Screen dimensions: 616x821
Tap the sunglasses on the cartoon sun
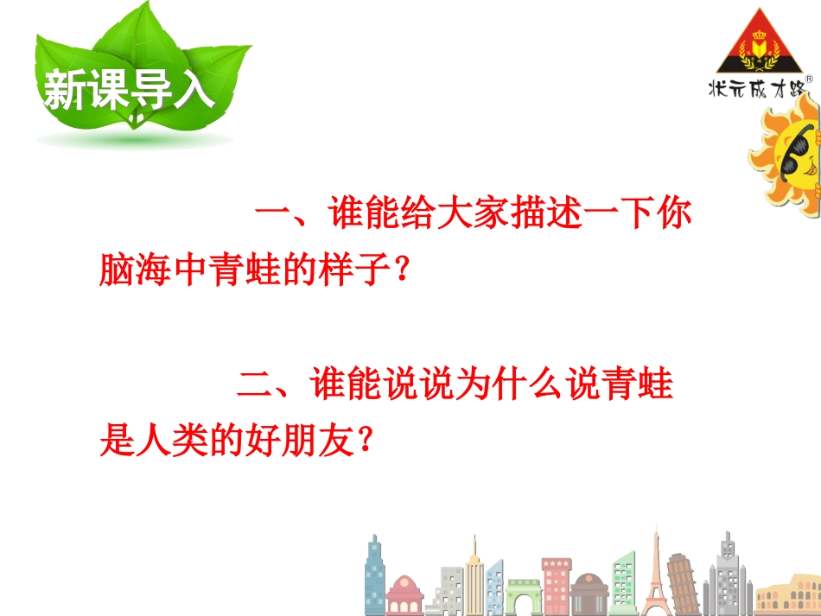795,151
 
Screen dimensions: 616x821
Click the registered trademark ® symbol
808,79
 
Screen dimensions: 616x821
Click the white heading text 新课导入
127,90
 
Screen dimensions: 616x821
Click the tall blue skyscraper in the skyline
374,575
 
